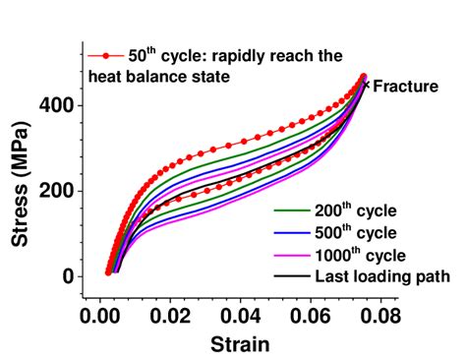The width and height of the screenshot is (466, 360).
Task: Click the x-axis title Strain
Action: tap(239, 344)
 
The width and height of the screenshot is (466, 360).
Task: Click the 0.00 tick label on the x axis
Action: tap(98, 317)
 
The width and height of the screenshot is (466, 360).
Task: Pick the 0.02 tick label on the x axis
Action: tap(169, 317)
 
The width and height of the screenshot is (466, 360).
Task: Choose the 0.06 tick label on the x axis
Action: tap(310, 317)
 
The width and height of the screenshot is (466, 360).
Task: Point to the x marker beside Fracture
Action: tap(367, 85)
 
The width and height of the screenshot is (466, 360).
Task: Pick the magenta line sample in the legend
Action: tap(290, 255)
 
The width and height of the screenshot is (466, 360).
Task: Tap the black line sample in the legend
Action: tap(290, 276)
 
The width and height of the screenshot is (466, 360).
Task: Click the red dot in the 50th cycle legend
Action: tap(104, 55)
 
